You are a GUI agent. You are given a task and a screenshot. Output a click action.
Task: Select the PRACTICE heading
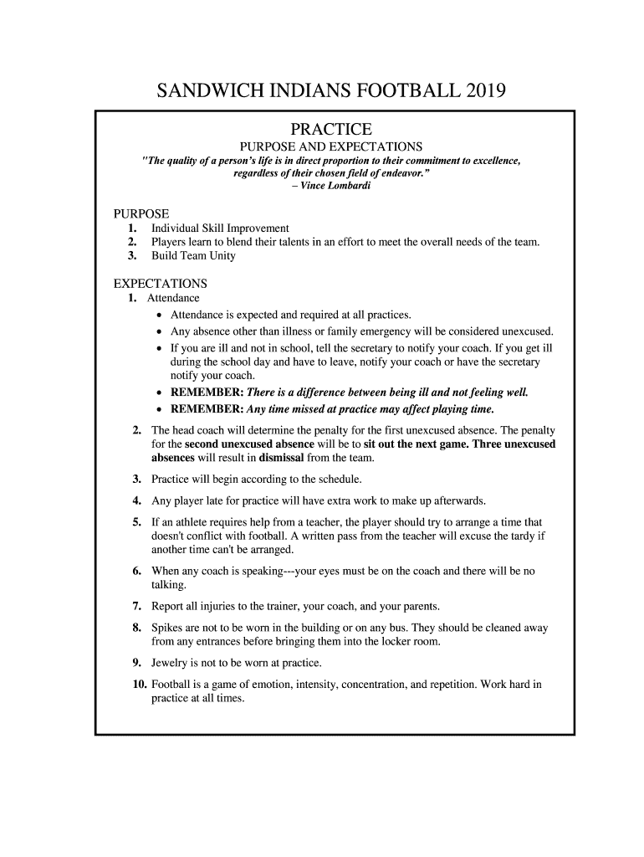click(x=330, y=130)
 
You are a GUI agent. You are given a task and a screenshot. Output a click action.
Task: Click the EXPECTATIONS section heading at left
click(x=161, y=283)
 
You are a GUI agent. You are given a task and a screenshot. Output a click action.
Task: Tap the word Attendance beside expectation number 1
click(x=174, y=297)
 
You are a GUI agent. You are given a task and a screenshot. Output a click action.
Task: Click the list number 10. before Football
click(x=140, y=684)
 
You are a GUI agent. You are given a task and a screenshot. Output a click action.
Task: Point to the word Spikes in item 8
click(x=167, y=627)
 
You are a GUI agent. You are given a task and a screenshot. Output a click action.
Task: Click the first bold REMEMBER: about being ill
click(x=207, y=393)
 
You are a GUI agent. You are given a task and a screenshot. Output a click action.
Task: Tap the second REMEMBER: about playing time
click(x=207, y=409)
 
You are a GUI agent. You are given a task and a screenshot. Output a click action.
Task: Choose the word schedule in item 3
click(x=338, y=480)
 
